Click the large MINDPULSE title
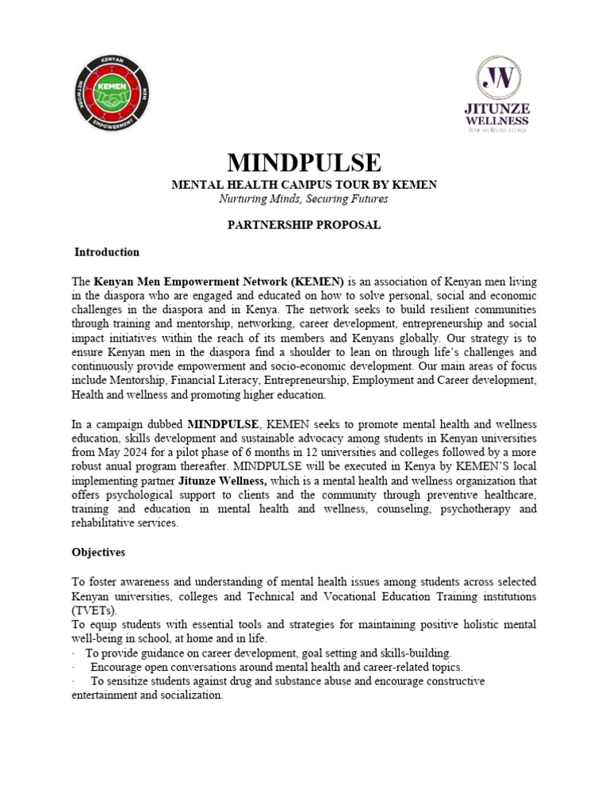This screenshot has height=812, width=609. [x=304, y=163]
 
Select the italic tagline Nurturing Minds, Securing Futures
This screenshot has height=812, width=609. [x=304, y=199]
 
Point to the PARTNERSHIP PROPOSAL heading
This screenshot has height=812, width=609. [x=304, y=225]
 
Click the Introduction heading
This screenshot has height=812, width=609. [x=107, y=252]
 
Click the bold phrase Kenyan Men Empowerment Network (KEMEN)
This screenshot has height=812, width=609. [x=219, y=281]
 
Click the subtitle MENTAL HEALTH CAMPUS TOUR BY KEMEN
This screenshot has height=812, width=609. [x=304, y=185]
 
